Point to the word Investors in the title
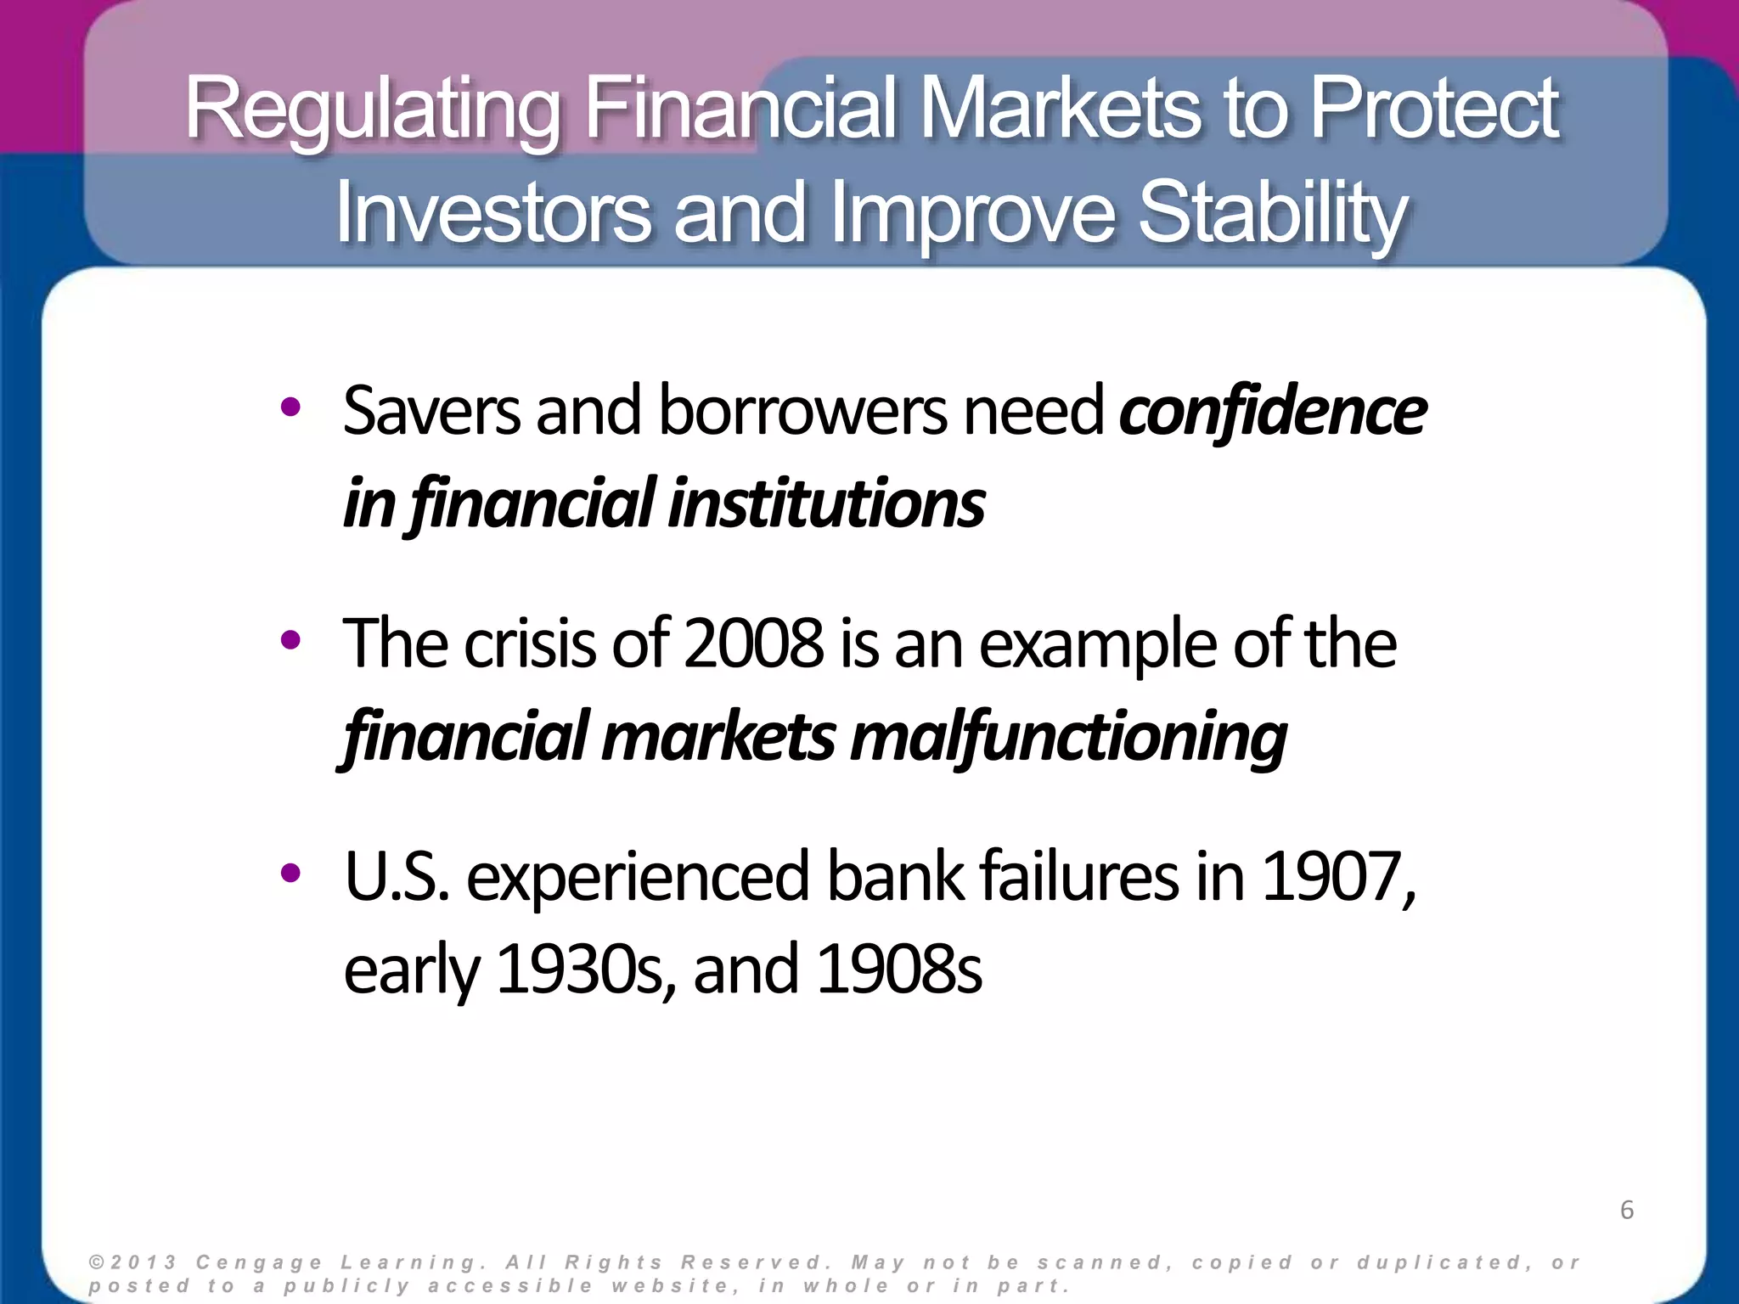coord(493,212)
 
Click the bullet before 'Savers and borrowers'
coord(290,408)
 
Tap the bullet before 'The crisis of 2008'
coord(290,641)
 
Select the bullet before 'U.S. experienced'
coord(290,872)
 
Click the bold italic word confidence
coord(1272,412)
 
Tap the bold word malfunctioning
coord(1068,737)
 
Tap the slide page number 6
coord(1626,1210)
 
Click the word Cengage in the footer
coord(259,1262)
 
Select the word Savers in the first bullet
coord(431,412)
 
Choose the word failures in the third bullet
coord(1078,878)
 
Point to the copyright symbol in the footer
coord(95,1262)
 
